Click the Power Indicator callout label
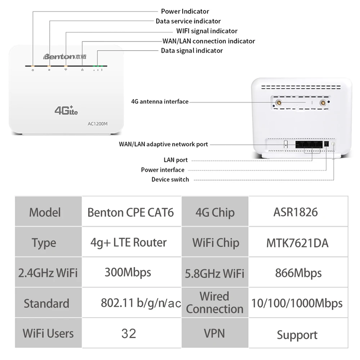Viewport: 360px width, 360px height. point(185,12)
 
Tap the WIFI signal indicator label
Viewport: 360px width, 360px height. point(207,31)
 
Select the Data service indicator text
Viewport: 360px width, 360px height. point(188,21)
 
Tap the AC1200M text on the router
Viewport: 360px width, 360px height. point(98,124)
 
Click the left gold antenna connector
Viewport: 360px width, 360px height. point(278,103)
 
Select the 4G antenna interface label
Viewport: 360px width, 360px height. point(159,102)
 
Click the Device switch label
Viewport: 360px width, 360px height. point(170,179)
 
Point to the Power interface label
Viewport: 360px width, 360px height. point(162,170)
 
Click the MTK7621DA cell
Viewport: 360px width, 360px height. point(297,243)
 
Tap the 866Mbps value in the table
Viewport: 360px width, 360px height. point(298,273)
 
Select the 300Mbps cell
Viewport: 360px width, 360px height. point(128,272)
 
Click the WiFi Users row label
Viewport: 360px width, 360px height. point(48,333)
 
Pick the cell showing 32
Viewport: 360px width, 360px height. point(129,333)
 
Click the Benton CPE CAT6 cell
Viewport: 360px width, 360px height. point(130,212)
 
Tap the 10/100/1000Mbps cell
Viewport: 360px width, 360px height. point(297,303)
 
